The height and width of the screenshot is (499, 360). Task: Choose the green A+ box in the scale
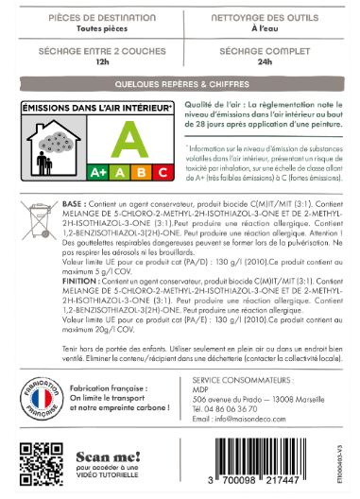pyautogui.click(x=97, y=172)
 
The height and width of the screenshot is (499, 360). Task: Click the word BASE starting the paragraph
pyautogui.click(x=71, y=203)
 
